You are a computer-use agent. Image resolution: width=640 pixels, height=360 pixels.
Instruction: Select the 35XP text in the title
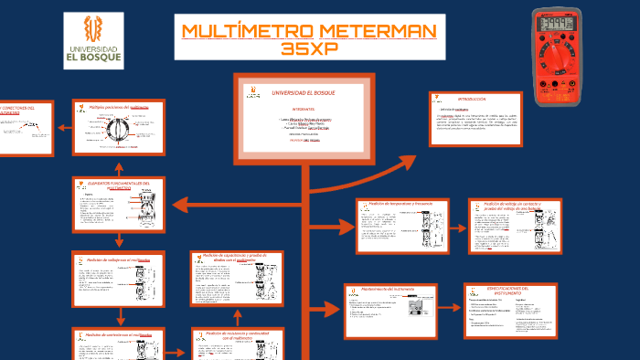309,48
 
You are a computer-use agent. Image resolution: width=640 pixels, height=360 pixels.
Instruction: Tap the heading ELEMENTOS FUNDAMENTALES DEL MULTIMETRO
117,185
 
